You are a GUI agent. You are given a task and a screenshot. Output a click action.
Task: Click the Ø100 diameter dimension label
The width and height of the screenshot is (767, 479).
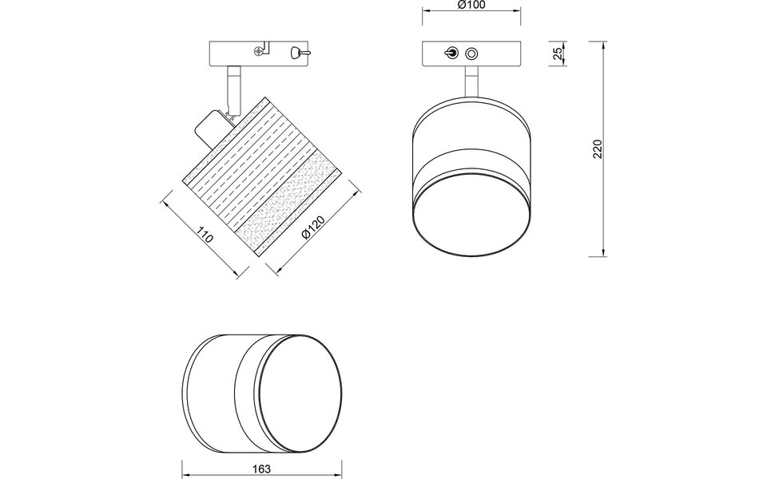[471, 6]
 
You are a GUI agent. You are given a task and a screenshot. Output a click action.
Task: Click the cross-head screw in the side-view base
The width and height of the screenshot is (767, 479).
[259, 53]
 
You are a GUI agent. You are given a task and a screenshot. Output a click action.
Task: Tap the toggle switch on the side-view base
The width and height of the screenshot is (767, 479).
[296, 53]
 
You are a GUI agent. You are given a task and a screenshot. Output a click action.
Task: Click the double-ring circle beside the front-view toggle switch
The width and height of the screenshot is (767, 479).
[471, 53]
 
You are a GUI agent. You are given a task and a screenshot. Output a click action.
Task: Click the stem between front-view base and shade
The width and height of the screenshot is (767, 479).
[471, 83]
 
